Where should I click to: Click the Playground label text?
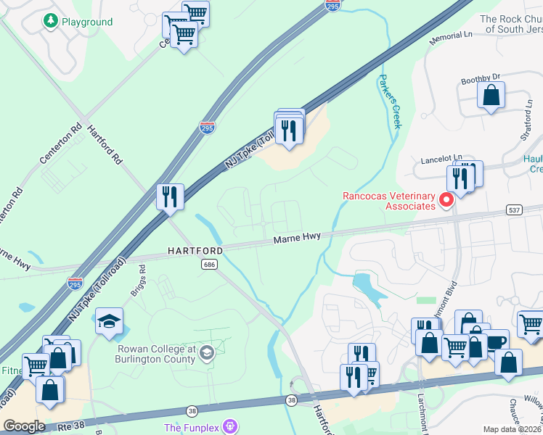pyautogui.click(x=86, y=22)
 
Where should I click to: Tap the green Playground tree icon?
pyautogui.click(x=50, y=21)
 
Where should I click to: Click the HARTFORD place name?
pyautogui.click(x=195, y=250)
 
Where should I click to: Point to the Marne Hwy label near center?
pyautogui.click(x=296, y=239)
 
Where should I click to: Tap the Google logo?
pyautogui.click(x=24, y=426)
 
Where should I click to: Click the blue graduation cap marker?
pyautogui.click(x=109, y=322)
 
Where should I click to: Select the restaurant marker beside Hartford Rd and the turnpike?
pyautogui.click(x=170, y=196)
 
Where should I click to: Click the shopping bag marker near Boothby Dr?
pyautogui.click(x=491, y=95)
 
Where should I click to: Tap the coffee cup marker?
pyautogui.click(x=495, y=341)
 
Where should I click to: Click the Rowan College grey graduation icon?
pyautogui.click(x=207, y=353)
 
